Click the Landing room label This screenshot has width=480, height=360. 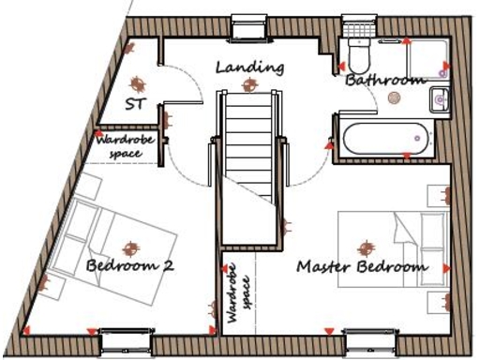pyautogui.click(x=248, y=67)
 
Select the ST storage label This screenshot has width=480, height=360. pyautogui.click(x=136, y=102)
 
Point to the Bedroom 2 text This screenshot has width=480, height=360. pyautogui.click(x=129, y=266)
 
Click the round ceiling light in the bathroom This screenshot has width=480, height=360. pyautogui.click(x=395, y=97)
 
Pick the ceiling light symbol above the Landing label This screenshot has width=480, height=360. pyautogui.click(x=248, y=85)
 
